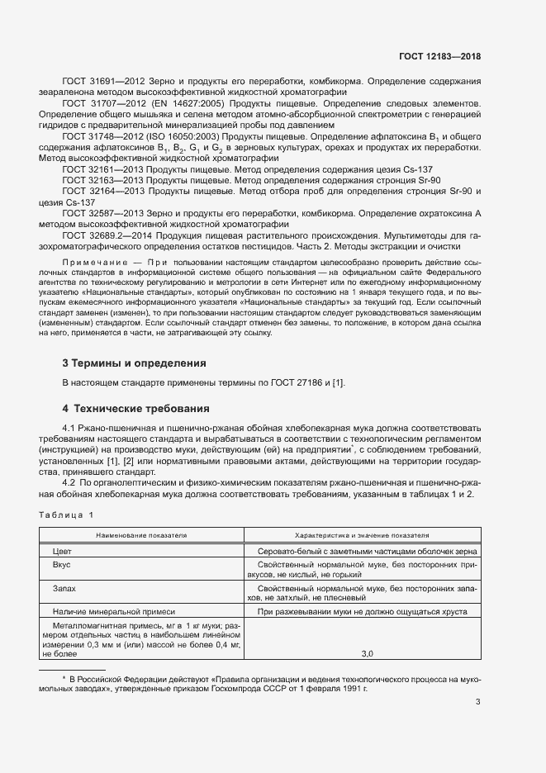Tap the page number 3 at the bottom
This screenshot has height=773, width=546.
[477, 702]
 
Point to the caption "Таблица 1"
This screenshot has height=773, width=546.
[67, 515]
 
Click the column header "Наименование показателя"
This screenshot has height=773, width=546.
[141, 535]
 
